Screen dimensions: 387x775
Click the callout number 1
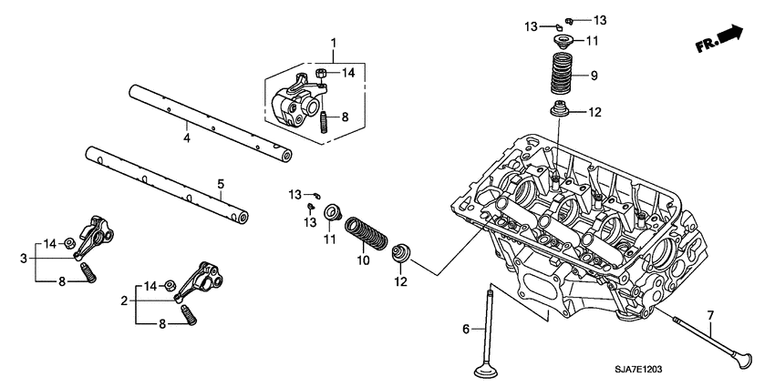[x=333, y=43]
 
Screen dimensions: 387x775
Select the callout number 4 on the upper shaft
[x=186, y=138]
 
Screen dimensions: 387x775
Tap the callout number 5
[x=220, y=185]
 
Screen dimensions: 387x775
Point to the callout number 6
[x=465, y=328]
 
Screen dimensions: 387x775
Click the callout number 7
[x=711, y=315]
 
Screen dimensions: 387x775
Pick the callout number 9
[x=594, y=76]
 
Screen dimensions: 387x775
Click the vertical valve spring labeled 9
[x=562, y=75]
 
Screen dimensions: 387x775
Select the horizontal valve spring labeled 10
[x=362, y=235]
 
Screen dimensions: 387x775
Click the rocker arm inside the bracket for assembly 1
[x=295, y=99]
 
